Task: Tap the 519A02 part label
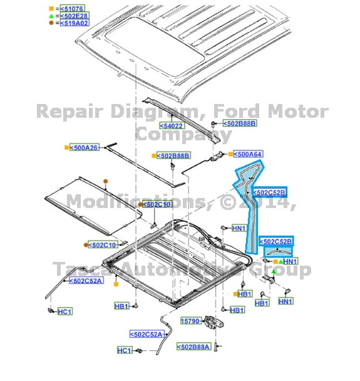[x=75, y=23]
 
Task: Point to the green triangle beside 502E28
[x=52, y=15]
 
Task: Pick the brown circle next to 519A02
[x=52, y=23]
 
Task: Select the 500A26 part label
[x=85, y=147]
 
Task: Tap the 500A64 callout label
[x=248, y=154]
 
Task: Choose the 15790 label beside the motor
[x=190, y=320]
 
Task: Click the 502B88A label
[x=193, y=346]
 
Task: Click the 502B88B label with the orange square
[x=173, y=155]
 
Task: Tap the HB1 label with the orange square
[x=245, y=293]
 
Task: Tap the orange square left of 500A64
[x=229, y=154]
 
